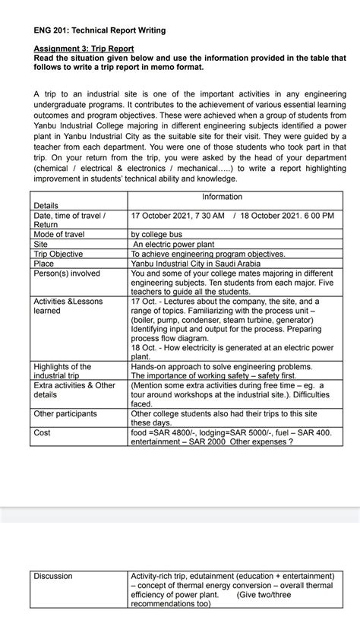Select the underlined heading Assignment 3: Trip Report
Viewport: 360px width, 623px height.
[84, 48]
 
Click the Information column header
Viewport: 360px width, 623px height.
[222, 197]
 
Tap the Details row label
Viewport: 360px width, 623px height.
[46, 206]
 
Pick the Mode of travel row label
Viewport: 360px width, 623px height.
[59, 235]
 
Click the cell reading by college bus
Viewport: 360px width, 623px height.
[160, 236]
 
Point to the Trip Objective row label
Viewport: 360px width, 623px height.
[58, 254]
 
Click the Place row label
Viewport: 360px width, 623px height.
[44, 263]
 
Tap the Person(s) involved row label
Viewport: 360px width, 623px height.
[67, 273]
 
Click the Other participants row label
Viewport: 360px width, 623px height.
[65, 413]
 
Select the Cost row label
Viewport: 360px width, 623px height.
[42, 432]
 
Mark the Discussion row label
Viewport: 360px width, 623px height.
[52, 576]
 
